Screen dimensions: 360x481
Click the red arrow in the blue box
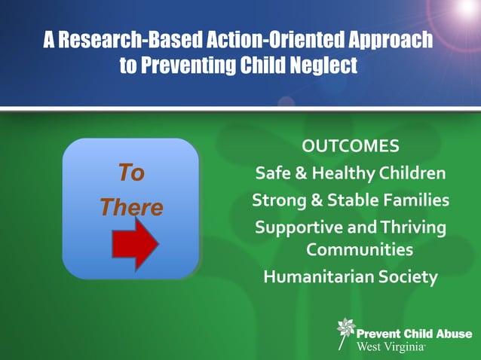tap(135, 245)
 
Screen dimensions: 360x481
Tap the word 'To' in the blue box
tap(131, 173)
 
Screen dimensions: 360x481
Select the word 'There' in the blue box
tap(132, 207)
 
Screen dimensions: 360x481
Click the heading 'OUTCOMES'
tap(351, 145)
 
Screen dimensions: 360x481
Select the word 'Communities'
tap(360, 249)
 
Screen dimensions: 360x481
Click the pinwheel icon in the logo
tap(345, 329)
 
